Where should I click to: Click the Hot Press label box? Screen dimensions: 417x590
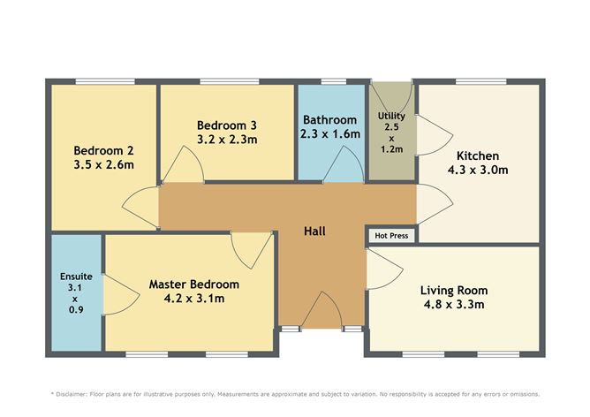click(391, 236)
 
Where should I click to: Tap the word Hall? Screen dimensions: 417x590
click(315, 231)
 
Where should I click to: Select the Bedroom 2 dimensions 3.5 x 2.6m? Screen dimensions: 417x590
click(104, 163)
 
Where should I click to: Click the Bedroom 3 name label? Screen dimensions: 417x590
click(227, 125)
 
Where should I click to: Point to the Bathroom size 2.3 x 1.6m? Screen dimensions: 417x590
click(329, 133)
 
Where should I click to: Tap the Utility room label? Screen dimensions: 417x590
click(391, 117)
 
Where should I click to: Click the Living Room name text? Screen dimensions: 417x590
click(454, 290)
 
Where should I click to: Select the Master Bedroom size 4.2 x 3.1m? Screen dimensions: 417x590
click(193, 299)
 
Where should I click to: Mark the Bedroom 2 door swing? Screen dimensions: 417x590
click(141, 205)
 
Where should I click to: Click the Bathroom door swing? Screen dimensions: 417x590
click(344, 165)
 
